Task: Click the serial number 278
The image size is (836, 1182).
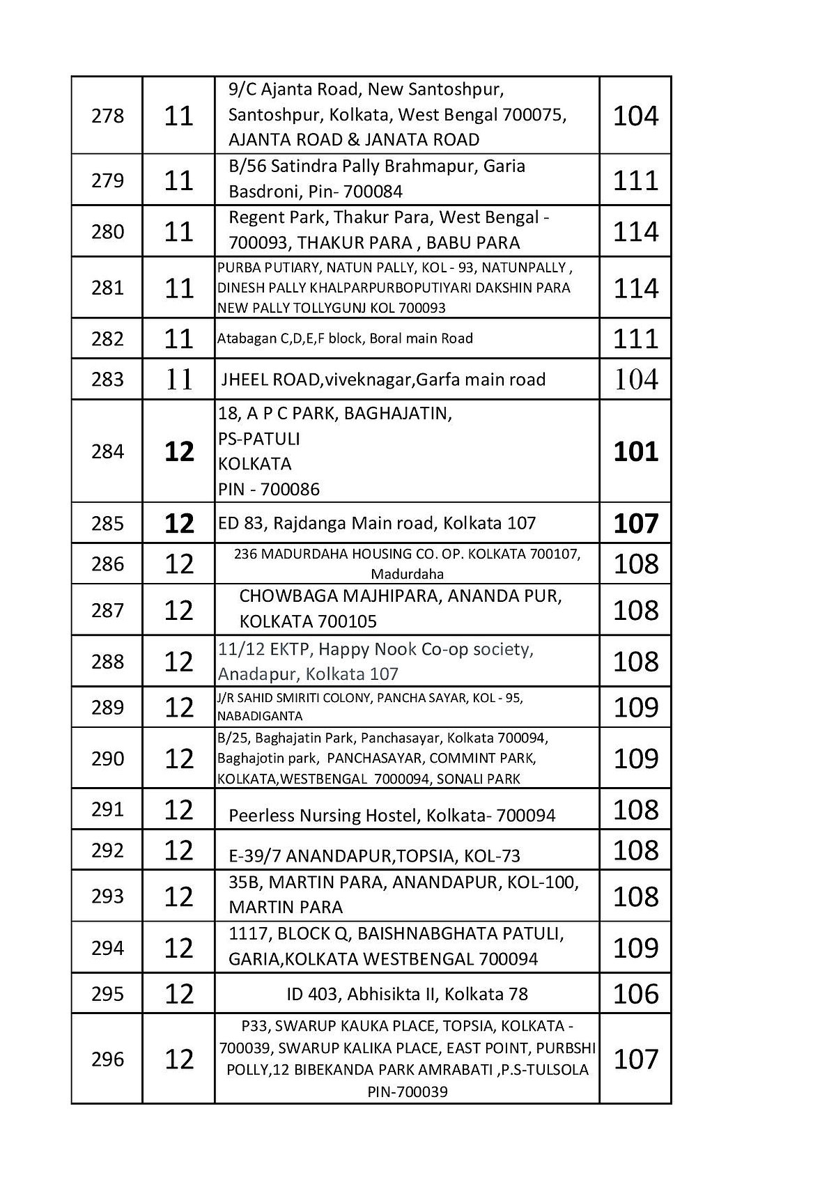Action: tap(107, 116)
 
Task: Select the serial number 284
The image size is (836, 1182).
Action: tap(107, 451)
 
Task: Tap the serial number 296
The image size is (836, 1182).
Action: tap(107, 1059)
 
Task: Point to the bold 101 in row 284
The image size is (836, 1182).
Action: tap(635, 451)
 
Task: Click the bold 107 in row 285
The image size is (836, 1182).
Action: tap(635, 523)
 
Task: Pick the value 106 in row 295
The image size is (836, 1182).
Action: tap(635, 993)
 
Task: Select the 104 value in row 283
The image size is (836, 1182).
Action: tap(635, 380)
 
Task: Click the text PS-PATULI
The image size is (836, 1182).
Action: tap(259, 439)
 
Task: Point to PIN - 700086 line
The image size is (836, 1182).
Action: tap(269, 489)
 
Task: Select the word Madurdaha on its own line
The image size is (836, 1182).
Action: tap(407, 575)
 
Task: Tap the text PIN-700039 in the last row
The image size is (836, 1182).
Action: tap(407, 1091)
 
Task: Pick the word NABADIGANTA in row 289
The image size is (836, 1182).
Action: tap(260, 716)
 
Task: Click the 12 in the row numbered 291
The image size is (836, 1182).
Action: tap(178, 809)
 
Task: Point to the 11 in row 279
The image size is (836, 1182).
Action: tap(178, 180)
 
